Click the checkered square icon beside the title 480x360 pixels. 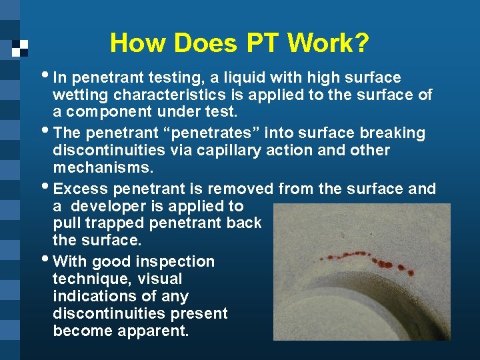pos(20,47)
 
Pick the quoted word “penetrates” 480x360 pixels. pos(226,133)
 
